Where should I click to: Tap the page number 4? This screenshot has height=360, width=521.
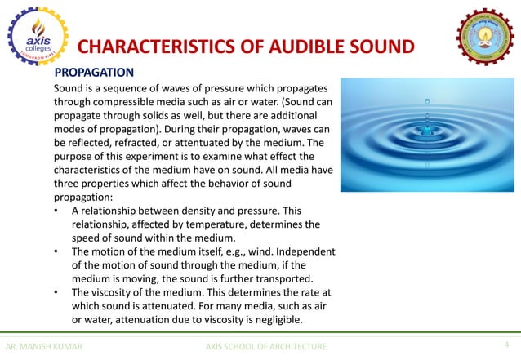point(506,345)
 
